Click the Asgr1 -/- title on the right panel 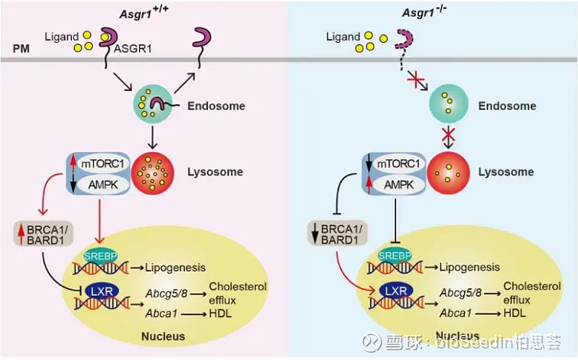pyautogui.click(x=432, y=12)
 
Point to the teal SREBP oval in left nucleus pyautogui.click(x=89, y=255)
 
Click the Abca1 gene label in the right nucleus pyautogui.click(x=456, y=313)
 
